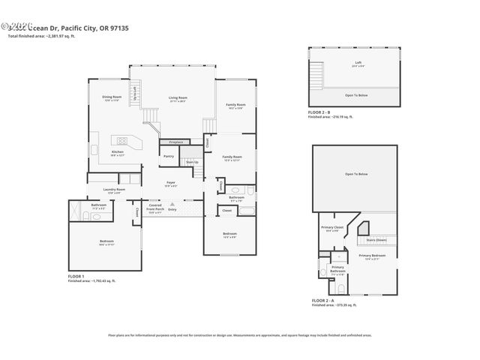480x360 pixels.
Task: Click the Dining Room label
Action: click(112, 97)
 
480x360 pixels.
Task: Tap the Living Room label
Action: click(177, 98)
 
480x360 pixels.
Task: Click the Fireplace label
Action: click(175, 141)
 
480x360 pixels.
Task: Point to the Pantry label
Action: click(169, 156)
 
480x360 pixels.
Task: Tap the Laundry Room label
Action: click(114, 190)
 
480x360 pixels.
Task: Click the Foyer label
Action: click(171, 182)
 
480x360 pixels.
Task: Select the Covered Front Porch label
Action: click(155, 207)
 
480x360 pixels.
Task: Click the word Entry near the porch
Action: click(172, 209)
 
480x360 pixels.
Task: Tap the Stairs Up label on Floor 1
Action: click(191, 161)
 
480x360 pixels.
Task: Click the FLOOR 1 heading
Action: click(76, 276)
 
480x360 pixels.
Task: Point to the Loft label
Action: click(357, 62)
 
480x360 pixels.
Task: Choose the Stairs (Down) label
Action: click(376, 240)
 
